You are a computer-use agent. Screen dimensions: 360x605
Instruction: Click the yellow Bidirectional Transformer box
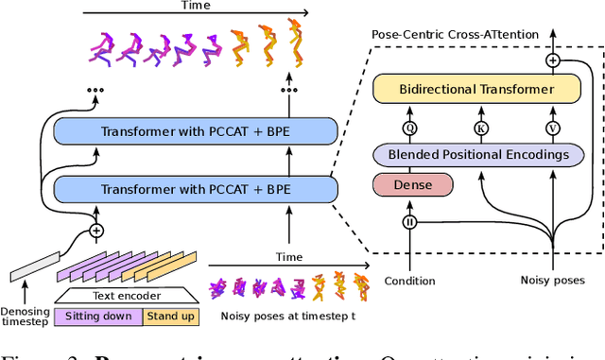tap(476, 90)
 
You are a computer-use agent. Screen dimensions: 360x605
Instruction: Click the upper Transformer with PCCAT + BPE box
tap(196, 131)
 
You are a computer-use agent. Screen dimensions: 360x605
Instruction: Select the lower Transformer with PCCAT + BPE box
tap(196, 188)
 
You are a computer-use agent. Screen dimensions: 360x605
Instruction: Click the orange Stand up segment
tap(170, 316)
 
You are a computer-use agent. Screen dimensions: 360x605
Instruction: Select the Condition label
tap(410, 281)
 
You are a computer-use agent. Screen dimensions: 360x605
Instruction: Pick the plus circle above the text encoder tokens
tap(95, 230)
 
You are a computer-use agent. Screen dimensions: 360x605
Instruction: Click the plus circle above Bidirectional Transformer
tap(554, 60)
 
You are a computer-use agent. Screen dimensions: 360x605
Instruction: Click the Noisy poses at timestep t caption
tap(286, 316)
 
